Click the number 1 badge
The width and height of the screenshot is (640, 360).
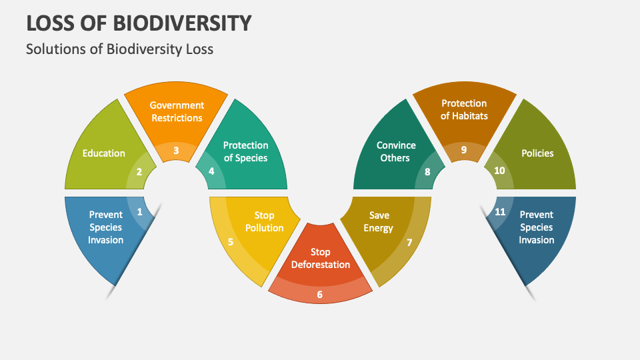(139, 212)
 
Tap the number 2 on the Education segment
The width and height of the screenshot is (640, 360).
(139, 172)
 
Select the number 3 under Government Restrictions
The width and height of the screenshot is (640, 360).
(176, 151)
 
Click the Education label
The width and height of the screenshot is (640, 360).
(104, 153)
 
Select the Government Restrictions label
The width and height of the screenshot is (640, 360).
(177, 111)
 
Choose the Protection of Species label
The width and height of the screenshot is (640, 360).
(246, 151)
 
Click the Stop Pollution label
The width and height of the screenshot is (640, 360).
(265, 221)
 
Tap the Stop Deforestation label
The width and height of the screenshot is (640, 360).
(321, 259)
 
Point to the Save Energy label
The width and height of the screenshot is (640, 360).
(379, 221)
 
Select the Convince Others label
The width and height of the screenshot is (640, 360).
(395, 151)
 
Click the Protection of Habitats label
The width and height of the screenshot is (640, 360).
(464, 109)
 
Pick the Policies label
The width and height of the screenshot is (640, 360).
(537, 153)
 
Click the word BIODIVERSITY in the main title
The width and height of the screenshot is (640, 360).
(182, 23)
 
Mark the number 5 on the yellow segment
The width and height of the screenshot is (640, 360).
(231, 242)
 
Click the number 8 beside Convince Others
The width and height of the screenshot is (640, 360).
(427, 172)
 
